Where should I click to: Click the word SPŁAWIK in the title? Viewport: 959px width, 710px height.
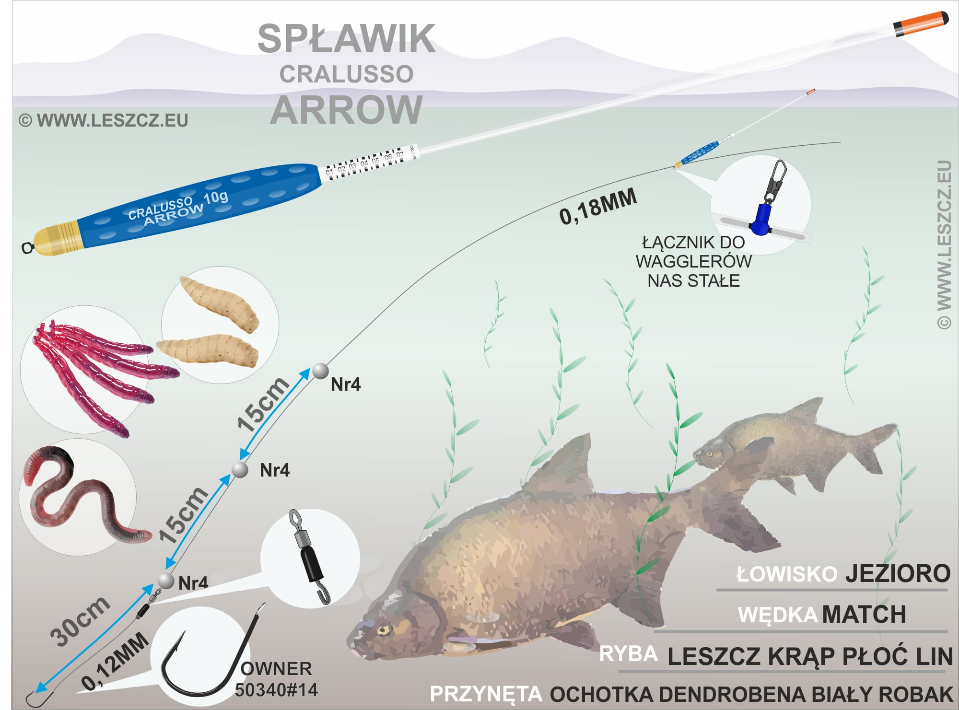pyautogui.click(x=346, y=39)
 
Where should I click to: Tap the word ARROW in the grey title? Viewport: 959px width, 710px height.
pyautogui.click(x=346, y=110)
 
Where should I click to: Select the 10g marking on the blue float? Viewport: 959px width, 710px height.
pyautogui.click(x=216, y=197)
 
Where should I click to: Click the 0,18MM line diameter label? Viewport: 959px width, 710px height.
pyautogui.click(x=598, y=207)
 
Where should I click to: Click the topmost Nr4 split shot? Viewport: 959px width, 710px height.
pyautogui.click(x=320, y=371)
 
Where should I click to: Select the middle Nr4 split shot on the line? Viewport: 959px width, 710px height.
pyautogui.click(x=240, y=470)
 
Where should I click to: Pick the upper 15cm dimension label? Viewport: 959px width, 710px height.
pyautogui.click(x=263, y=405)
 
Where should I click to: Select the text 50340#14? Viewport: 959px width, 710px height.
pyautogui.click(x=276, y=690)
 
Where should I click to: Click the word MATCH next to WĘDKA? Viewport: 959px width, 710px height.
pyautogui.click(x=864, y=615)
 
